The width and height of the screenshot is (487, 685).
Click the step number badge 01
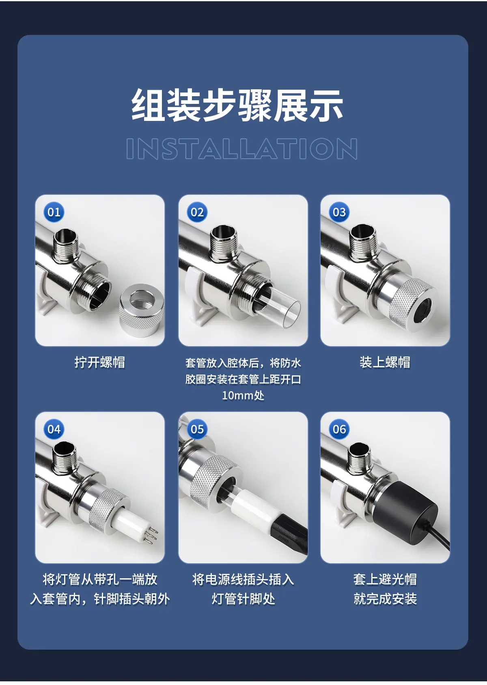click(54, 212)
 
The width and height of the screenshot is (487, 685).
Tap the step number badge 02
click(197, 212)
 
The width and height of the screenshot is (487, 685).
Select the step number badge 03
click(339, 212)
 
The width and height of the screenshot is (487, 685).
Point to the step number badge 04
click(54, 429)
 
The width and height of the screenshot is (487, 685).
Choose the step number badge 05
click(197, 429)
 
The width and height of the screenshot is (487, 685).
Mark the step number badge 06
click(339, 429)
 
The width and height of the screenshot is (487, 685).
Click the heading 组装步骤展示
click(237, 105)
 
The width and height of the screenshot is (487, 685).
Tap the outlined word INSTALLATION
click(241, 149)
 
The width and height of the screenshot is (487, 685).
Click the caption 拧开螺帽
click(100, 362)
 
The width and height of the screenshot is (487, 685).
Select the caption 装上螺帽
click(385, 362)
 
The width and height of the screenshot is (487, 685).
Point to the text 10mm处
click(243, 396)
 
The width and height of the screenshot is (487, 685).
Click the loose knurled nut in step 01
click(141, 310)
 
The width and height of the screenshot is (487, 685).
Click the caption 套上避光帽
click(385, 579)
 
